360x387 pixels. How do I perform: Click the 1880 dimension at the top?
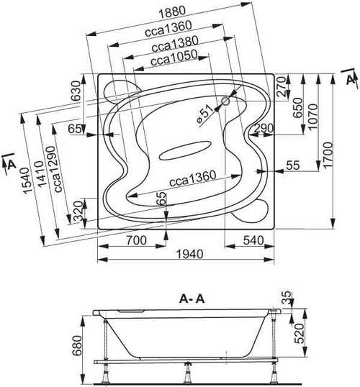[x=172, y=12]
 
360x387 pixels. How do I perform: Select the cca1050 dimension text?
[x=174, y=58]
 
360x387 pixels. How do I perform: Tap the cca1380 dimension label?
[x=175, y=44]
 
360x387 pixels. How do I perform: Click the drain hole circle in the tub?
[x=225, y=101]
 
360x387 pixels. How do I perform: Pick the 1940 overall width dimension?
[x=190, y=254]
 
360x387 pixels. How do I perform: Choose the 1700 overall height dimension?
[x=329, y=155]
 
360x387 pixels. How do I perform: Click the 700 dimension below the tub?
[x=136, y=240]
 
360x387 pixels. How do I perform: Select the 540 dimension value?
[x=253, y=240]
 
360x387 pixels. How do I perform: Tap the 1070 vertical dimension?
[x=313, y=117]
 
